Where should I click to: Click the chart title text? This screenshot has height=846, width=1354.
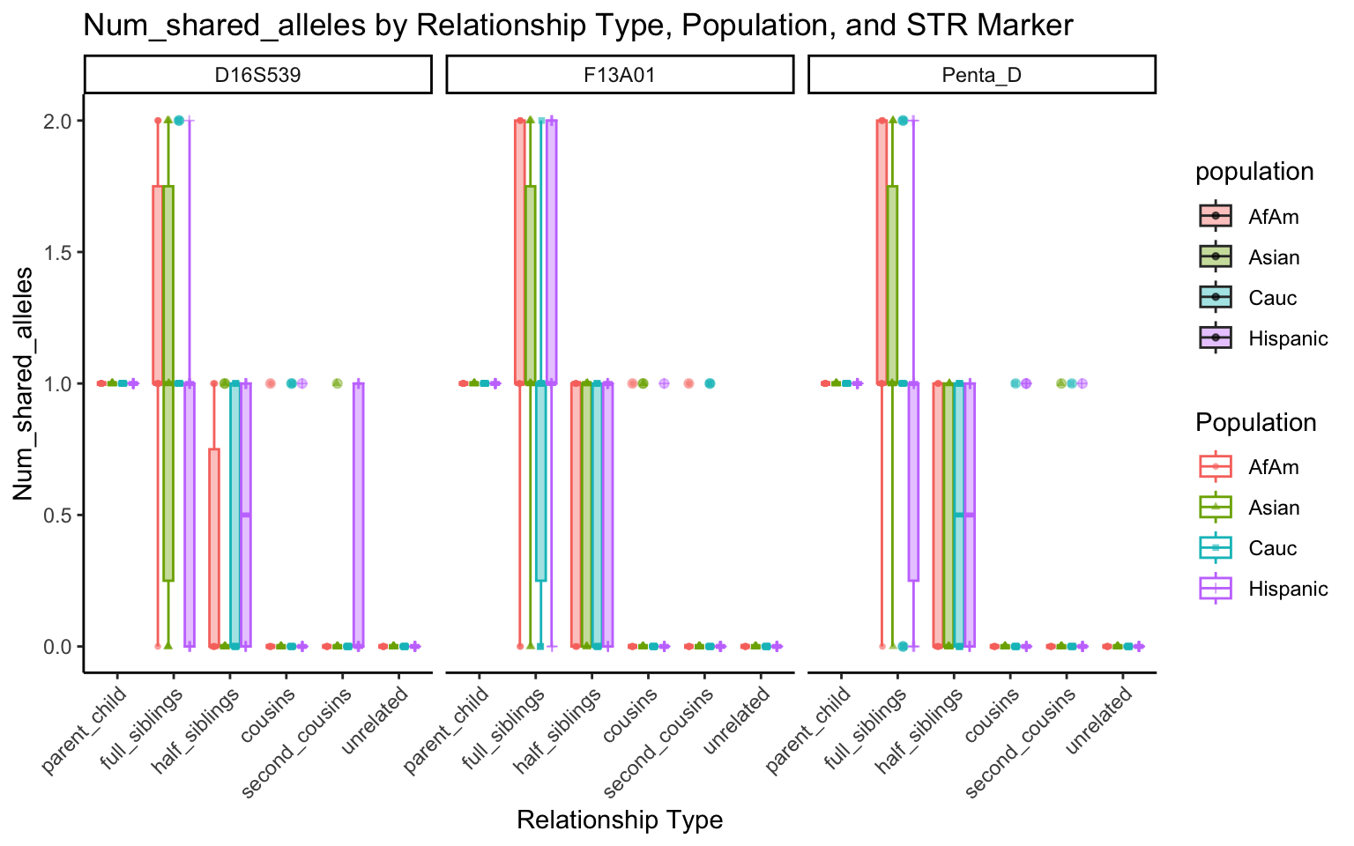pyautogui.click(x=577, y=26)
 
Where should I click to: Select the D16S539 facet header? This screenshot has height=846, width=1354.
pyautogui.click(x=257, y=75)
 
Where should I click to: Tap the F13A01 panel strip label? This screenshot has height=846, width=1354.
pyautogui.click(x=620, y=75)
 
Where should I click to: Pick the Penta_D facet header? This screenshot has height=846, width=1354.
pyautogui.click(x=981, y=75)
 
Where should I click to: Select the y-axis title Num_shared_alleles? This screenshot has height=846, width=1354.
pyautogui.click(x=24, y=383)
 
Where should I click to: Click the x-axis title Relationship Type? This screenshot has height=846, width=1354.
pyautogui.click(x=620, y=820)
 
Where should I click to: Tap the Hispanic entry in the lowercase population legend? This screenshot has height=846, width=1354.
pyautogui.click(x=1287, y=338)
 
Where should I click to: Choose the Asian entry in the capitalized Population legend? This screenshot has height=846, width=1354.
pyautogui.click(x=1274, y=508)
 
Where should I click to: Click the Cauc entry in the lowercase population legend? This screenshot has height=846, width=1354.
pyautogui.click(x=1272, y=298)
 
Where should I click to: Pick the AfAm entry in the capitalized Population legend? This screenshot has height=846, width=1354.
pyautogui.click(x=1273, y=467)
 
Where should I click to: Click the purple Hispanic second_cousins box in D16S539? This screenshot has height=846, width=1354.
pyautogui.click(x=358, y=515)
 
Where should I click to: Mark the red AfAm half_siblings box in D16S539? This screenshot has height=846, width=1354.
pyautogui.click(x=214, y=547)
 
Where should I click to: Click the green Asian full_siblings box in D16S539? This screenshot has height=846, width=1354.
pyautogui.click(x=168, y=383)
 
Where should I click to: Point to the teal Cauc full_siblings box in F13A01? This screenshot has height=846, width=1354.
pyautogui.click(x=540, y=481)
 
